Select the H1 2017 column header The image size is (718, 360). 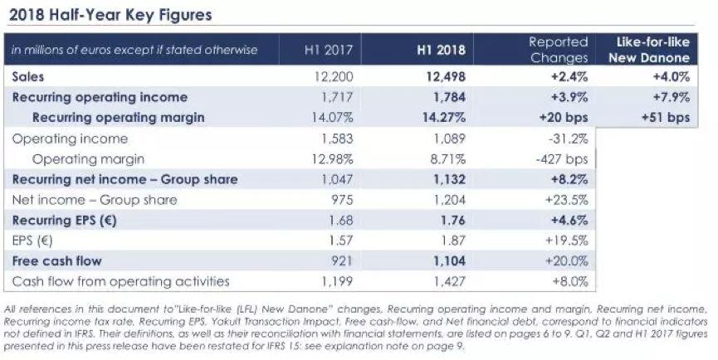329,50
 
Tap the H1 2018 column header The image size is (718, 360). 440,50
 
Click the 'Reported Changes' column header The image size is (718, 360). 559,50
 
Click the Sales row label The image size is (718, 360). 29,76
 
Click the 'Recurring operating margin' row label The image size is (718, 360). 118,118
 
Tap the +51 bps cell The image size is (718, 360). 667,118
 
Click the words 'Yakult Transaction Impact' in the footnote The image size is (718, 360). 212,318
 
